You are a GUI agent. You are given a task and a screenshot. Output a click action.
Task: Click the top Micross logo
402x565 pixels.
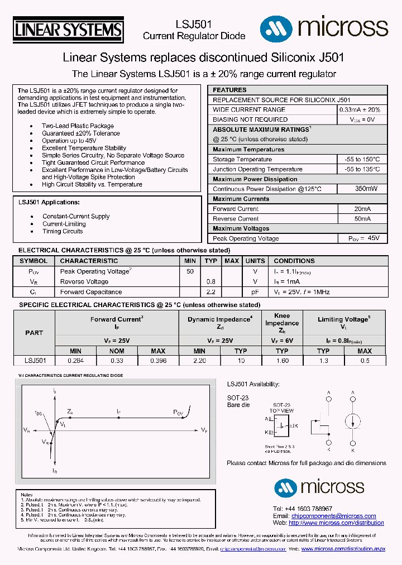[323, 26]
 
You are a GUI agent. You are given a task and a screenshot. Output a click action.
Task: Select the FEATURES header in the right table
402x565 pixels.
[229, 90]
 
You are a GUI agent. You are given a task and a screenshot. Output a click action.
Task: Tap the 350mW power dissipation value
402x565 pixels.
[362, 189]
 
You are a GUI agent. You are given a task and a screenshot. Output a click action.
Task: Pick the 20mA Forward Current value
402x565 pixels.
[362, 209]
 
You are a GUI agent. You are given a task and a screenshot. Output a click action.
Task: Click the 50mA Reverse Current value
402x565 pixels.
[362, 219]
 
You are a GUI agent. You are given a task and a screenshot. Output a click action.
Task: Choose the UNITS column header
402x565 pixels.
[255, 261]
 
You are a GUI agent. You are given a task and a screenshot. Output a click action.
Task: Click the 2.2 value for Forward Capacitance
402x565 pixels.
[210, 292]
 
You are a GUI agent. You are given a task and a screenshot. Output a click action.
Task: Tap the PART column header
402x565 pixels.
[34, 333]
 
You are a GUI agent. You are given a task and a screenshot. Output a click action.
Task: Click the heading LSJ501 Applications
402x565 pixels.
[49, 202]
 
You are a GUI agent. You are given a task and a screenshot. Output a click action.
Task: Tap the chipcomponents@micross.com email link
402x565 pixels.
[333, 516]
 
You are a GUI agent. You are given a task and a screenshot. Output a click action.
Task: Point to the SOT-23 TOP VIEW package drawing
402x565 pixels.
[283, 426]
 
